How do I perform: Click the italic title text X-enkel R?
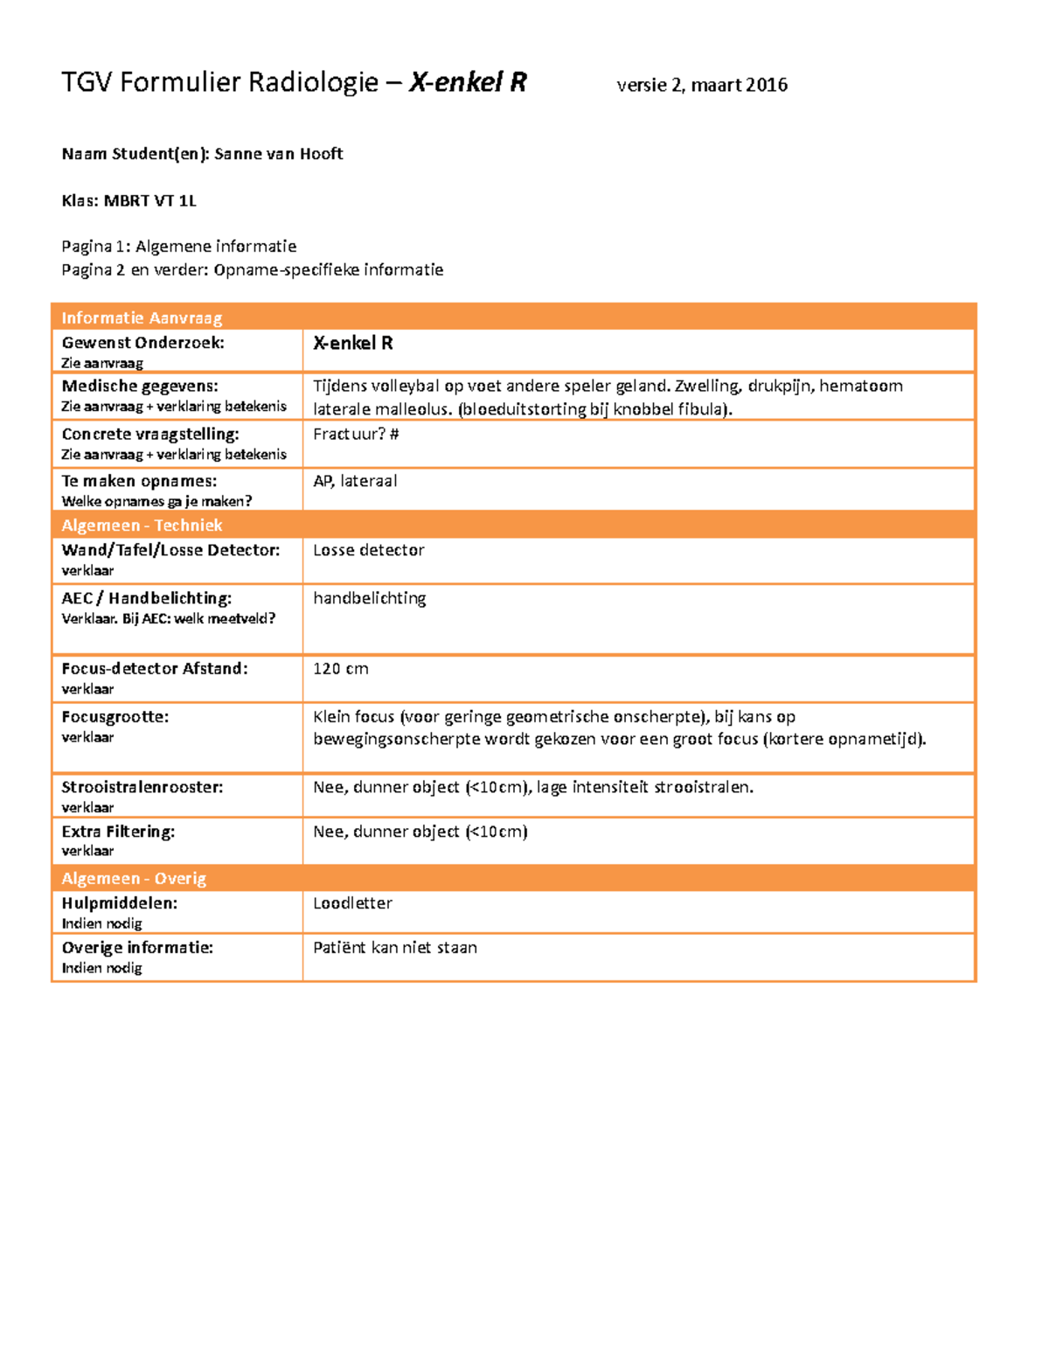click(468, 82)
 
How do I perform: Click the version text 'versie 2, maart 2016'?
click(702, 85)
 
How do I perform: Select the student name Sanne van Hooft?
click(279, 154)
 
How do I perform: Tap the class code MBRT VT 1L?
click(150, 201)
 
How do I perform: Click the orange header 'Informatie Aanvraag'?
click(142, 317)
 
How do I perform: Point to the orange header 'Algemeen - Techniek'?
click(142, 525)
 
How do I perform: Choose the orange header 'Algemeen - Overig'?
click(134, 878)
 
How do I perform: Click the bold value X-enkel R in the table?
click(353, 343)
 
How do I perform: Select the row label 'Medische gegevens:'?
click(140, 386)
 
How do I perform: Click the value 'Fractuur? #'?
click(356, 434)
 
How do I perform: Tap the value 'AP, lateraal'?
click(355, 481)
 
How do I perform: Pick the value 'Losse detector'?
click(368, 550)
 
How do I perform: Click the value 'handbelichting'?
click(369, 598)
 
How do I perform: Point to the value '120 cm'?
click(340, 669)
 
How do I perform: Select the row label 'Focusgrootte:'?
click(115, 716)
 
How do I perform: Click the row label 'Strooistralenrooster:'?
click(142, 787)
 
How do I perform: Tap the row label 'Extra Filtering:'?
click(118, 832)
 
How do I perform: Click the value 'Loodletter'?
click(352, 903)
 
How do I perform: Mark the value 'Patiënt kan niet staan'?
click(395, 948)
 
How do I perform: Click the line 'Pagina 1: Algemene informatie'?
click(178, 247)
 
